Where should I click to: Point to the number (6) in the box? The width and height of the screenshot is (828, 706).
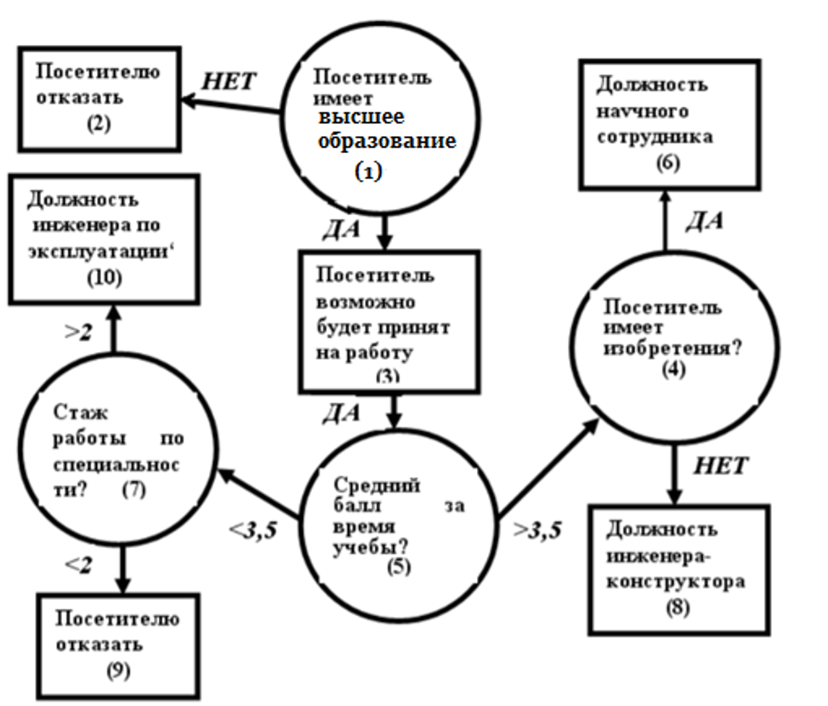667,166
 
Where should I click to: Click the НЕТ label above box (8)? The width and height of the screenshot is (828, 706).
721,465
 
